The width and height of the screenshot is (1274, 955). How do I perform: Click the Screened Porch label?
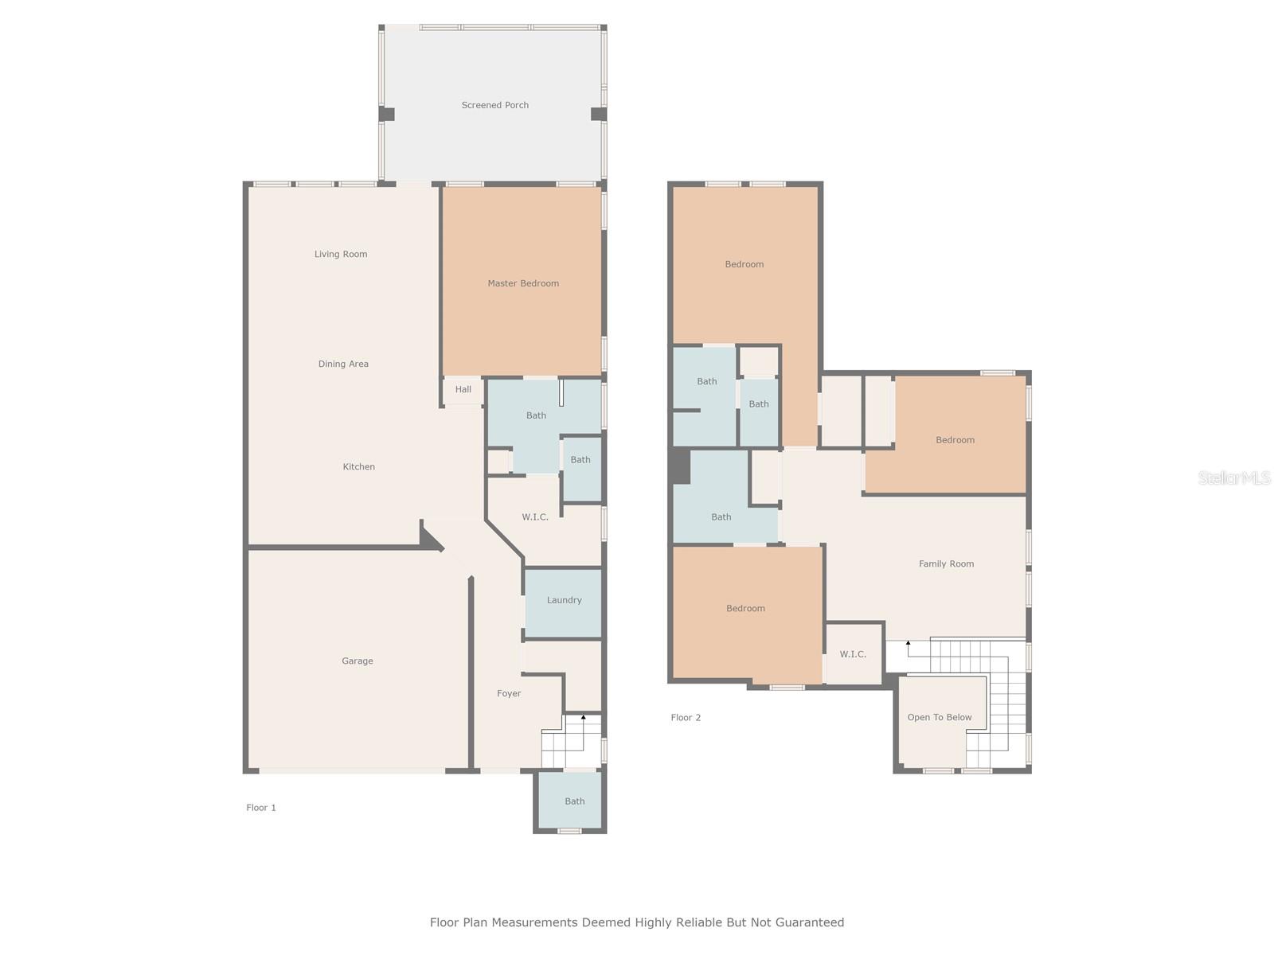click(494, 105)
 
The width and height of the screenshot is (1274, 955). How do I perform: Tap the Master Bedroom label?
click(523, 283)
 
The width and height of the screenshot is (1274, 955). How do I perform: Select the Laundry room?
click(564, 600)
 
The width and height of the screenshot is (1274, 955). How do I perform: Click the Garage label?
click(358, 661)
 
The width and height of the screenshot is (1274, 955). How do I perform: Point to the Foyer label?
click(509, 693)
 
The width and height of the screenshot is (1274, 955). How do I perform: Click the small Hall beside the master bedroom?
click(463, 389)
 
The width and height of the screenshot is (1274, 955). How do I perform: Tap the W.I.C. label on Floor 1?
click(535, 516)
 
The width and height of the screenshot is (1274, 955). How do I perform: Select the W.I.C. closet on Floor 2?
click(853, 654)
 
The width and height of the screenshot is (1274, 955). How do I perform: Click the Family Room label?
click(946, 563)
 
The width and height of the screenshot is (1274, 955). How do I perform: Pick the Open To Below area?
click(940, 717)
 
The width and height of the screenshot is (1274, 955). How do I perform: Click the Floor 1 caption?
click(261, 807)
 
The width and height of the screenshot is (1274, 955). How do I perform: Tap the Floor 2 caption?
click(686, 717)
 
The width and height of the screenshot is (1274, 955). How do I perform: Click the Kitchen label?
click(358, 466)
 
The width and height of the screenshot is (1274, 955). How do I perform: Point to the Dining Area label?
click(343, 364)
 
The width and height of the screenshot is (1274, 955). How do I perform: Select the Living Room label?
click(341, 254)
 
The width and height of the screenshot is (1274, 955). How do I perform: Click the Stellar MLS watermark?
click(1234, 477)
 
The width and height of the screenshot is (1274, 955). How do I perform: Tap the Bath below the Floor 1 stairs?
click(574, 801)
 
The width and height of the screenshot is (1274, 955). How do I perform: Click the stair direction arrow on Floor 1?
click(583, 718)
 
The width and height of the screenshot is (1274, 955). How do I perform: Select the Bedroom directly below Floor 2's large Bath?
click(745, 608)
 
